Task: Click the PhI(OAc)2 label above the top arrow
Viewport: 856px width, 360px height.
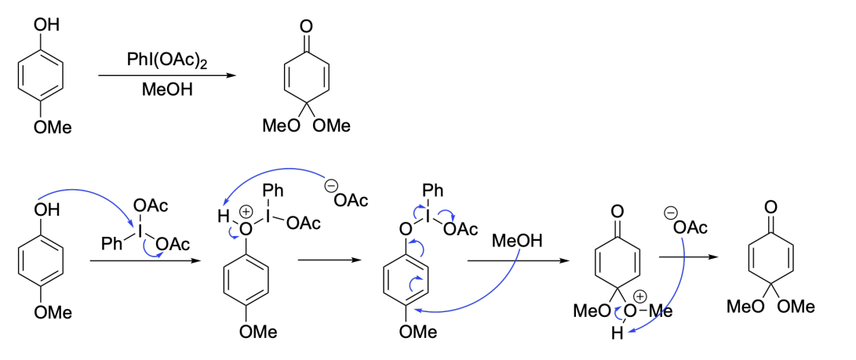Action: [x=167, y=60]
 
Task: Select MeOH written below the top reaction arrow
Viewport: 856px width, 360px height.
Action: [x=167, y=89]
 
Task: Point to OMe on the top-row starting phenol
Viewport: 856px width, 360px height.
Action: [x=53, y=128]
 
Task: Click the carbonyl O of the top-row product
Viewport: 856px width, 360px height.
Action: [x=306, y=26]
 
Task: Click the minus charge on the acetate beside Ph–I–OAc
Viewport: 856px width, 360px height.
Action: [x=330, y=186]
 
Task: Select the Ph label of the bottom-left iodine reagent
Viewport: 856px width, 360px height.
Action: [x=111, y=245]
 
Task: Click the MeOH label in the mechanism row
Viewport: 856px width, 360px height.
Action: [x=517, y=241]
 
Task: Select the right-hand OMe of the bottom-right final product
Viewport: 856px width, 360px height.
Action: [x=796, y=307]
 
